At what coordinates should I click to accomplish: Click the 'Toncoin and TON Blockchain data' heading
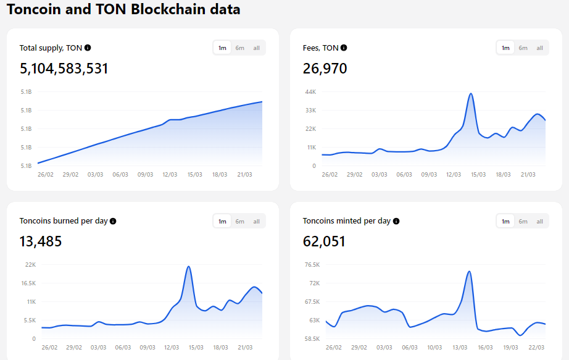[x=123, y=10]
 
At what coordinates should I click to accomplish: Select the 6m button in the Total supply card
[x=239, y=48]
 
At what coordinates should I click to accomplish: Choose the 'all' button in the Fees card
[x=539, y=48]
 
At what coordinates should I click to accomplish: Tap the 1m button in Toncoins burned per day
[x=222, y=221]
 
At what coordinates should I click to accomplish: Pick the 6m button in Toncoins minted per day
[x=523, y=221]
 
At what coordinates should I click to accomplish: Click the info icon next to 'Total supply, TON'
[x=88, y=48]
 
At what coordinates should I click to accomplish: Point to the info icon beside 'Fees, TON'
[x=344, y=48]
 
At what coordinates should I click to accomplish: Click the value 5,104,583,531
[x=64, y=69]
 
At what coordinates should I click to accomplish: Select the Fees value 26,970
[x=325, y=69]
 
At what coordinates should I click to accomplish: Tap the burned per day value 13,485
[x=41, y=241]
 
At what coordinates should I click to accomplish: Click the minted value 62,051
[x=324, y=241]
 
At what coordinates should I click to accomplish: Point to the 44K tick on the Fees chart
[x=310, y=92]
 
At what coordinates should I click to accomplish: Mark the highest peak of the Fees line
[x=471, y=94]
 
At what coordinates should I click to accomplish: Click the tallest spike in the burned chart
[x=188, y=267]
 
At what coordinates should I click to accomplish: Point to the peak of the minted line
[x=470, y=271]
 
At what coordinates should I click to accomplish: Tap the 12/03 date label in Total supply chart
[x=170, y=175]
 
